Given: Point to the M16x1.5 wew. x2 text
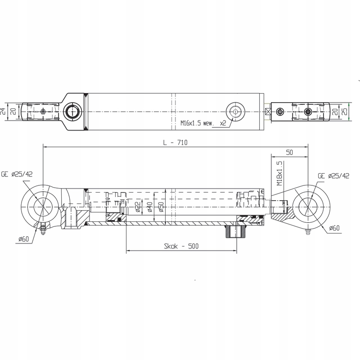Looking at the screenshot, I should [x=203, y=122].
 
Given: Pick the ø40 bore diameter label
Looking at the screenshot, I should [x=149, y=207].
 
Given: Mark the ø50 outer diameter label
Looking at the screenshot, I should [x=161, y=207].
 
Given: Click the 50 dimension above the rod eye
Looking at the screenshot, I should [x=289, y=153].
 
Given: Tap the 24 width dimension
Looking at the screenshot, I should [x=4, y=111].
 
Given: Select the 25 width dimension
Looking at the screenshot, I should [x=345, y=111].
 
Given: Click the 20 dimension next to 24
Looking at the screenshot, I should [x=13, y=111].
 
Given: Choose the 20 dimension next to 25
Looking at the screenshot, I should [x=335, y=111].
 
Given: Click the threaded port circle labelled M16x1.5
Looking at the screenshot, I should [x=235, y=111].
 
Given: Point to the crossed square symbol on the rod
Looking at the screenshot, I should [x=268, y=111].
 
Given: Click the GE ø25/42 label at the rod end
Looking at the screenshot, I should [x=333, y=175].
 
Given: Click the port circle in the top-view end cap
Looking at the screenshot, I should [x=71, y=111].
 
